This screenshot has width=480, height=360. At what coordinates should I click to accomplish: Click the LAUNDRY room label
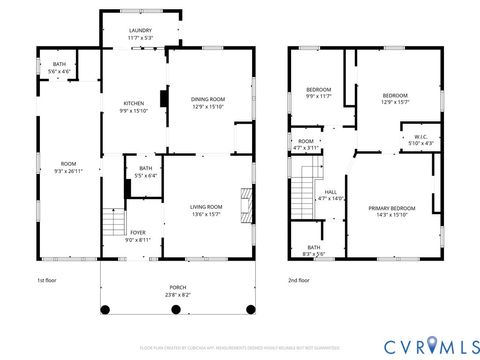click(140, 31)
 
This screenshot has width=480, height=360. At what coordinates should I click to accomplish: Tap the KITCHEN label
click(133, 104)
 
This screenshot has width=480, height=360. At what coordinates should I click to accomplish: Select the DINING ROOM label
click(208, 98)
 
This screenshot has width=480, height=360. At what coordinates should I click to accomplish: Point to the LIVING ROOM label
click(207, 206)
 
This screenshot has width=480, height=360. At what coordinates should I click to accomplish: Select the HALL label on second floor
click(330, 192)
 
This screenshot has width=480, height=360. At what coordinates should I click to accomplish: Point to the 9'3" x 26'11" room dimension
click(68, 171)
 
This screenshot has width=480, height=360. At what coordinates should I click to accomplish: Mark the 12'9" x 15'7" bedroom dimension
click(394, 102)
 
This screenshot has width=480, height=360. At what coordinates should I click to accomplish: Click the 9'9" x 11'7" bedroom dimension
click(318, 97)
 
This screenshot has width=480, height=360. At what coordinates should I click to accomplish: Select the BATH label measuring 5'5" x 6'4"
click(146, 168)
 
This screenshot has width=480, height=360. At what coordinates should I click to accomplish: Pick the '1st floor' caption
click(48, 281)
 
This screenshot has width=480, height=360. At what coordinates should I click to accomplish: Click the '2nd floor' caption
click(299, 281)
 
